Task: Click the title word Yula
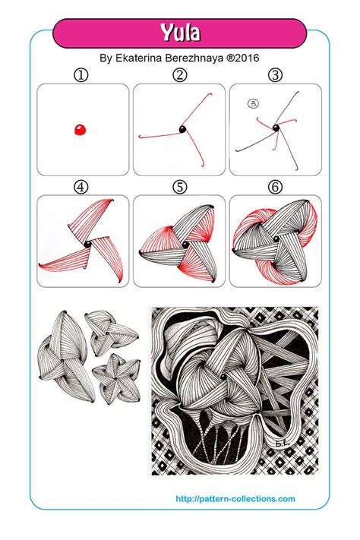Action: pos(179,33)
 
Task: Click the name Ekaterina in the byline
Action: pos(144,58)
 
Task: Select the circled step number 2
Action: pos(179,75)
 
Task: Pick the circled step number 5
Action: pos(179,186)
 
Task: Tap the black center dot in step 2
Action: pos(183,131)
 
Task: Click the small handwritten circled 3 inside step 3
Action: pos(249,105)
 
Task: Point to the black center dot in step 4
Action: pos(89,242)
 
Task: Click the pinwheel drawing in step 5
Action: pos(179,243)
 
